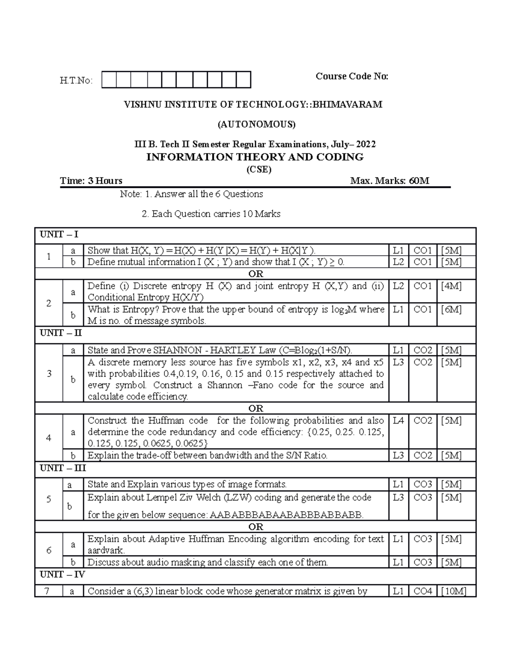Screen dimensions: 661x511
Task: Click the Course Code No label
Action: point(352,76)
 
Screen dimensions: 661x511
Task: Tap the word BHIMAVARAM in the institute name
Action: point(348,104)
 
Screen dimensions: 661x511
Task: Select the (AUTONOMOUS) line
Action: point(256,124)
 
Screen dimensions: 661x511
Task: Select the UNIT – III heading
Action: point(63,468)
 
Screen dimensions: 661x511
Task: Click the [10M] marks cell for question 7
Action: point(454,591)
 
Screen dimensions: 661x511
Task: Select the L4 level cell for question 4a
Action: point(398,421)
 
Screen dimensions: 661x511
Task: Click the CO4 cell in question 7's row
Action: point(423,591)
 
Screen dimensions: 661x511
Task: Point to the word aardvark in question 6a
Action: point(106,550)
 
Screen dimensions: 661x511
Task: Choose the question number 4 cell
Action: point(49,438)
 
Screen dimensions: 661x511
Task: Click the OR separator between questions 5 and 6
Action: point(255,527)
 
